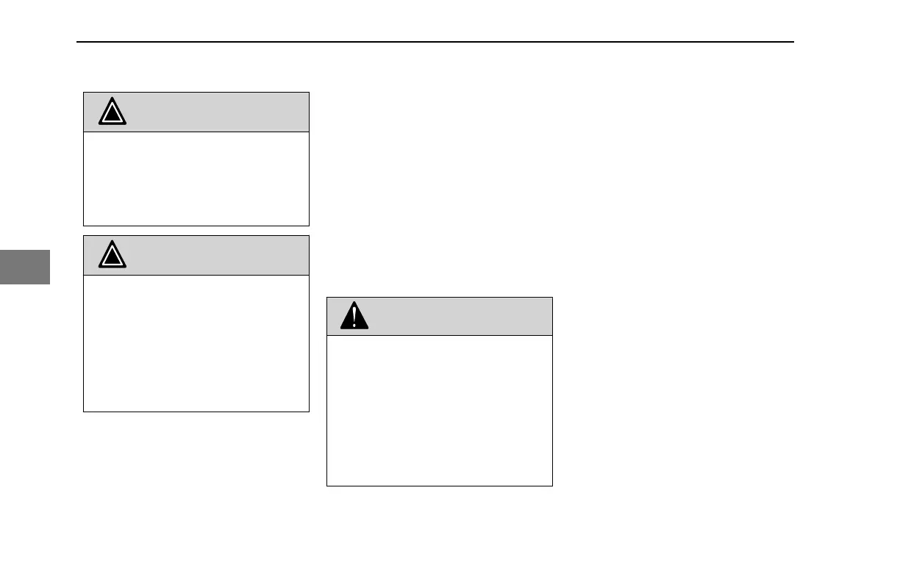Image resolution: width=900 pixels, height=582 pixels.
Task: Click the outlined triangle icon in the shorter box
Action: click(113, 112)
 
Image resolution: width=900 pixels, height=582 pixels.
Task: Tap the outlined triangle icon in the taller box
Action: click(113, 255)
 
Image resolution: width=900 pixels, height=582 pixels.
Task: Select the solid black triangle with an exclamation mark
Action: click(354, 316)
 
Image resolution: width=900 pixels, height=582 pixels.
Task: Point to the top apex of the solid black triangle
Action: click(354, 302)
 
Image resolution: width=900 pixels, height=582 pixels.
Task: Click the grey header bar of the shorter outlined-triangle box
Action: click(213, 112)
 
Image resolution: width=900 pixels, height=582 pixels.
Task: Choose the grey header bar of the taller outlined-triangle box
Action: click(213, 255)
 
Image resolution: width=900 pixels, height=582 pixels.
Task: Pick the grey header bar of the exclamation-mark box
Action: click(456, 316)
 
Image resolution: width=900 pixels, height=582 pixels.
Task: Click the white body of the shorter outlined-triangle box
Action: click(196, 179)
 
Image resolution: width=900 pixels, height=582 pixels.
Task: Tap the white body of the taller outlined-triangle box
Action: click(196, 343)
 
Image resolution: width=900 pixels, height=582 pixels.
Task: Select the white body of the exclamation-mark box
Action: click(439, 410)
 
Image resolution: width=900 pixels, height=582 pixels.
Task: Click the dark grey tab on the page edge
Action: click(24, 267)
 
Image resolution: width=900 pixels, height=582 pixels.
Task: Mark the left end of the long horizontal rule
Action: click(78, 42)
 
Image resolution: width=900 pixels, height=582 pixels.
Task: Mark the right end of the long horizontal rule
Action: click(793, 42)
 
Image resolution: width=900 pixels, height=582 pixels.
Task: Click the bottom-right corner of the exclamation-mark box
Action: click(552, 486)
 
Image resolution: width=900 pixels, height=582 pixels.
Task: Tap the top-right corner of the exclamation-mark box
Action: click(552, 298)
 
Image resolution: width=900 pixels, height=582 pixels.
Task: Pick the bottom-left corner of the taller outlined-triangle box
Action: click(84, 412)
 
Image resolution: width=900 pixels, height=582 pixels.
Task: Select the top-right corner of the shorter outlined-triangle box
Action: click(309, 93)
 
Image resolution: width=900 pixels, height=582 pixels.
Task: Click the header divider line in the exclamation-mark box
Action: click(439, 336)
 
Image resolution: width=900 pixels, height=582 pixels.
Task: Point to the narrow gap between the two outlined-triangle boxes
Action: click(196, 231)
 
